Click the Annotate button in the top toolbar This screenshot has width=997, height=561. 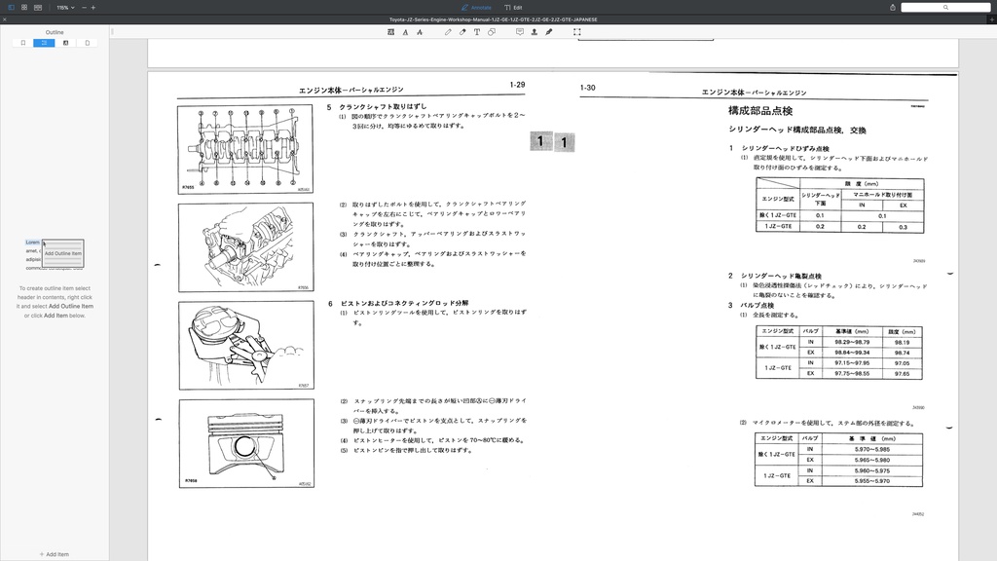point(476,7)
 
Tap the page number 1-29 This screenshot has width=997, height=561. point(517,86)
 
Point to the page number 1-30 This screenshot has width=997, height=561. point(587,88)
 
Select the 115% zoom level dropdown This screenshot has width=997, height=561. point(64,7)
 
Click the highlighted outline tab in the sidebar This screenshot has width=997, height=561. point(44,43)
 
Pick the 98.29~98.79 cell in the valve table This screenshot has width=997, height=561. point(852,342)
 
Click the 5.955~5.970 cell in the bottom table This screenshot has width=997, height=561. point(870,480)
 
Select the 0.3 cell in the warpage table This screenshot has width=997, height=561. point(904,226)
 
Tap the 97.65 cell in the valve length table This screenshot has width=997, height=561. point(902,373)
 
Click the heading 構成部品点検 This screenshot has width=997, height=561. point(760,112)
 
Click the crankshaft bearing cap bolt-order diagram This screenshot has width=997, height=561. point(245,149)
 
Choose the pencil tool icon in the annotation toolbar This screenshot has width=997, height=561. point(448,32)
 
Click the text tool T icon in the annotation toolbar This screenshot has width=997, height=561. point(476,32)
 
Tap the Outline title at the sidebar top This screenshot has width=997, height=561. point(55,32)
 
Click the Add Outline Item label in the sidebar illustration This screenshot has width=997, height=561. point(63,253)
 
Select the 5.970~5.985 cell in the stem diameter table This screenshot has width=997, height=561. point(870,449)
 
